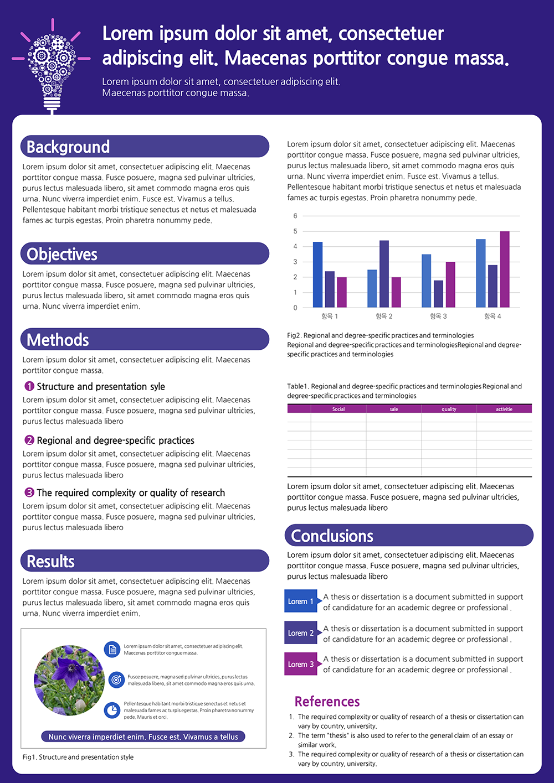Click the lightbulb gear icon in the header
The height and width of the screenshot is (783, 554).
[x=52, y=66]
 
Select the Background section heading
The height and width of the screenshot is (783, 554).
[x=68, y=147]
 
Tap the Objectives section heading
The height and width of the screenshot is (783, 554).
[x=61, y=254]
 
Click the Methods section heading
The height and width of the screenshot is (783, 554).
[x=58, y=340]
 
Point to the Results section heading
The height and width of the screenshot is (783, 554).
[x=50, y=562]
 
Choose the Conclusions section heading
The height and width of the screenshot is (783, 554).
[x=332, y=536]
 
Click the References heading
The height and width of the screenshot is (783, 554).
[x=327, y=702]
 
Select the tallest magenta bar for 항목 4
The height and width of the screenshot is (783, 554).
[x=505, y=269]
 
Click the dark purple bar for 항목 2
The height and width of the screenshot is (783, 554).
[x=384, y=274]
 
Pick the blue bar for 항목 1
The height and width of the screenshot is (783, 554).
[x=317, y=275]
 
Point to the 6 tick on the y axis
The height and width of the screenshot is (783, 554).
[x=295, y=216]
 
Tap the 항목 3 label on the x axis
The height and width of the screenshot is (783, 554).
[x=438, y=317]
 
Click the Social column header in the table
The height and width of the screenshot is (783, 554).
[x=338, y=409]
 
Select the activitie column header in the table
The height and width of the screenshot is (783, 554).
[x=504, y=409]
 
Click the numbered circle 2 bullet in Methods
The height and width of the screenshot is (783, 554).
[x=29, y=440]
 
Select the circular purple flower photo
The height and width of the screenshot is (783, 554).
[x=69, y=680]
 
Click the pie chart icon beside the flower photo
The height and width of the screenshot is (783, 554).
[x=112, y=711]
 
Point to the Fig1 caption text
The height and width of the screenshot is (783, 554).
[x=78, y=757]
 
